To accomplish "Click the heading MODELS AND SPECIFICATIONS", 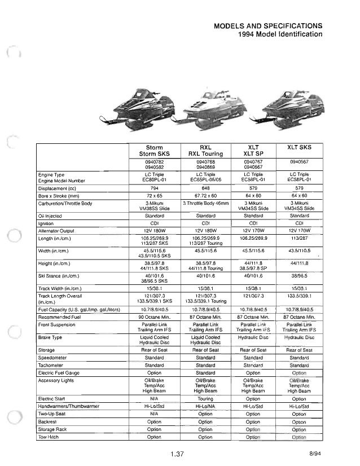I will (x=268, y=25).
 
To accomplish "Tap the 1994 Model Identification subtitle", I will (x=281, y=34).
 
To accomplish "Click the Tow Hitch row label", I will (x=49, y=437).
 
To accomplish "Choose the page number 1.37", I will (x=179, y=455).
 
